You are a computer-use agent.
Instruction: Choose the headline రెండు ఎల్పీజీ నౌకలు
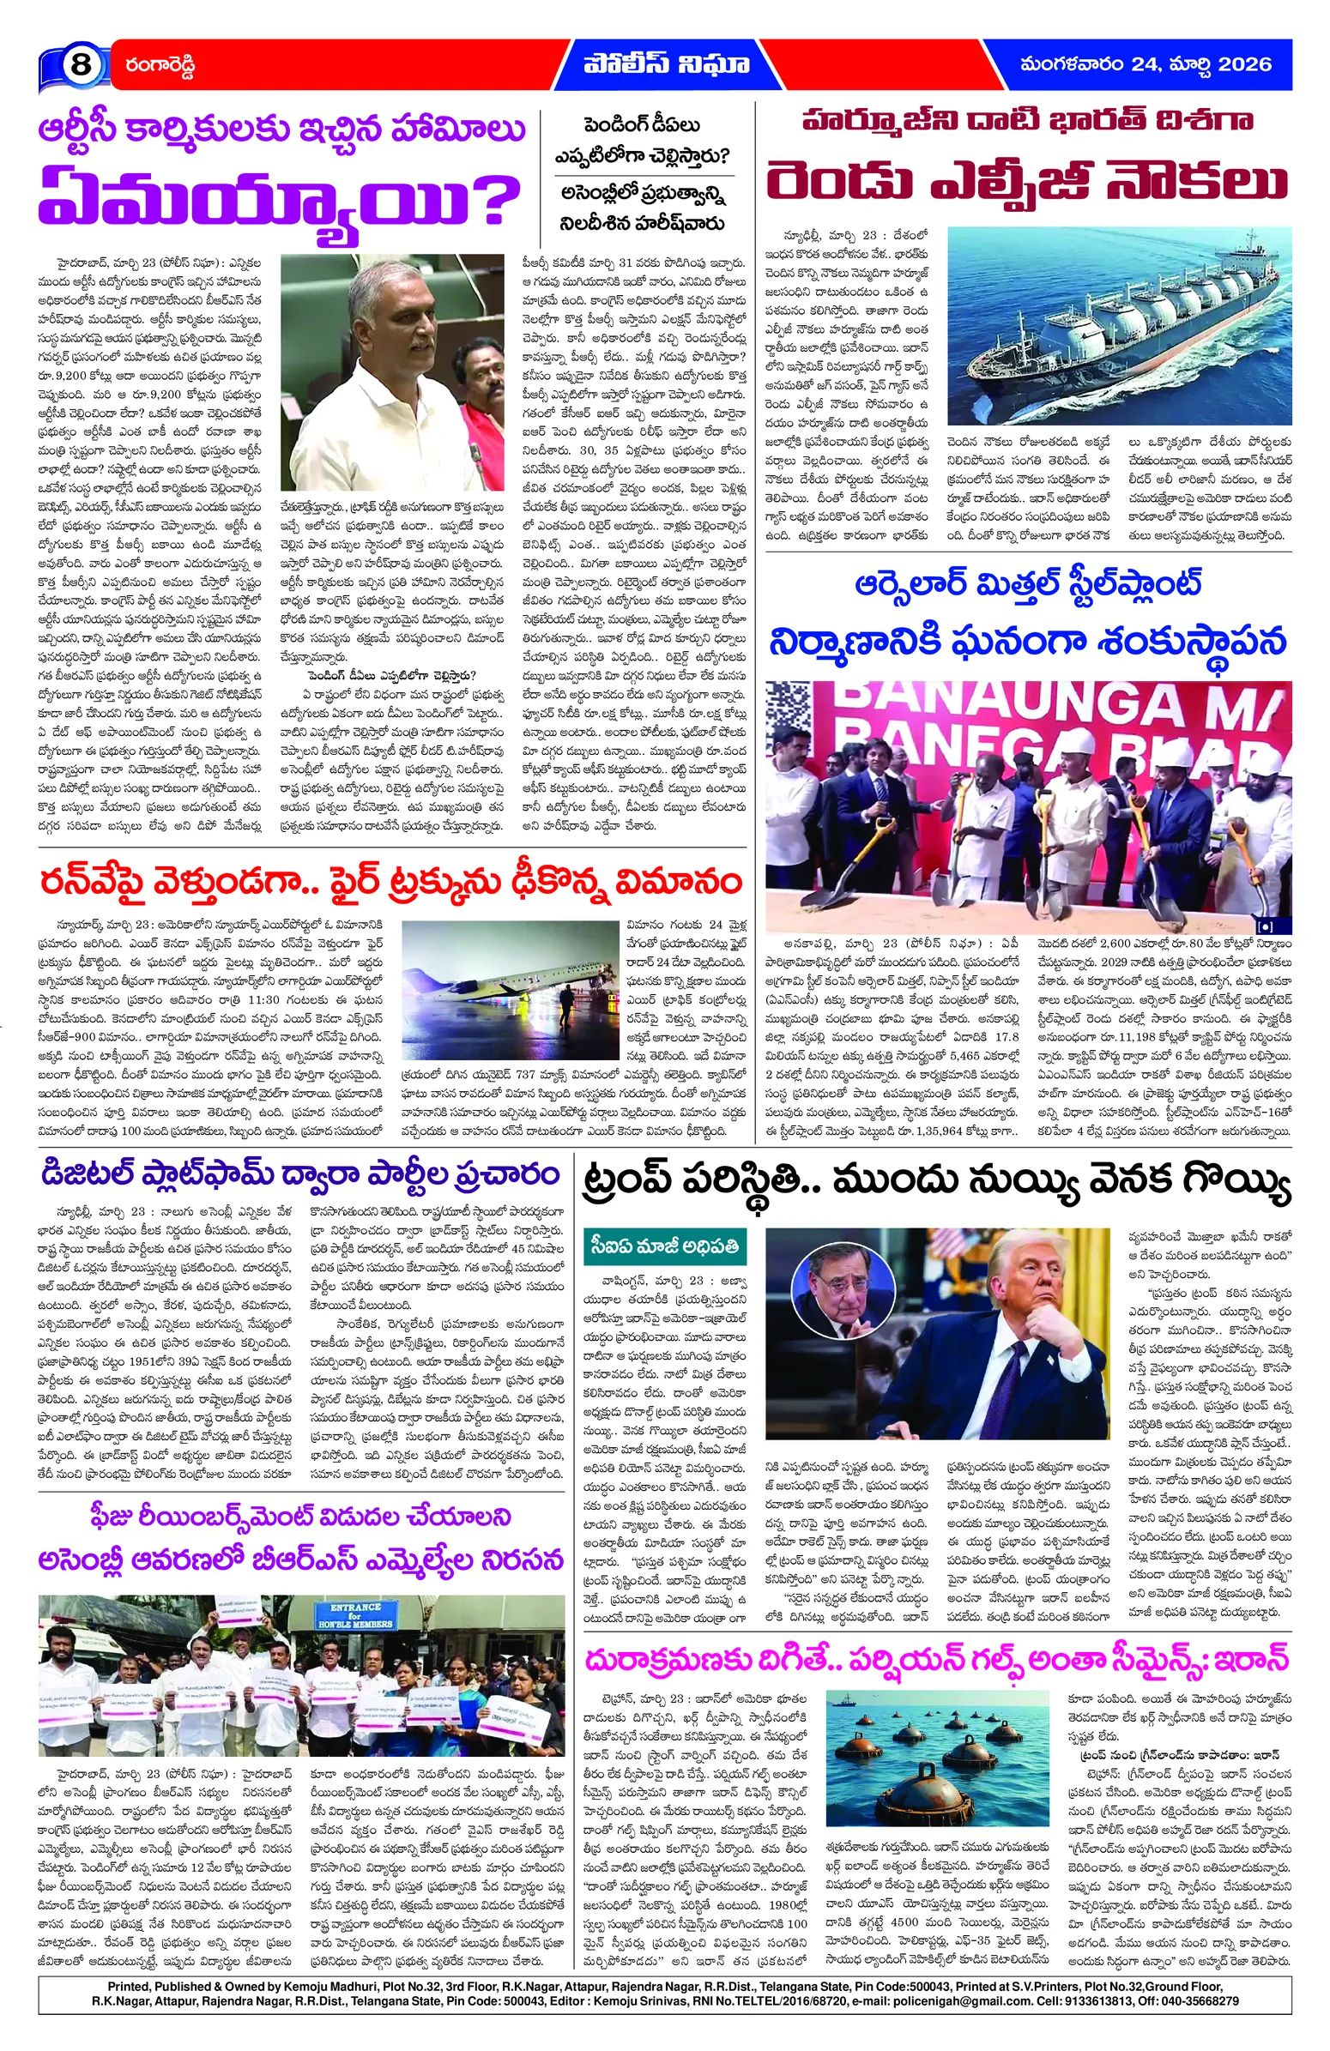pyautogui.click(x=1026, y=183)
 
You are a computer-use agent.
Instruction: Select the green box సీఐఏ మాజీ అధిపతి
pyautogui.click(x=664, y=1246)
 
